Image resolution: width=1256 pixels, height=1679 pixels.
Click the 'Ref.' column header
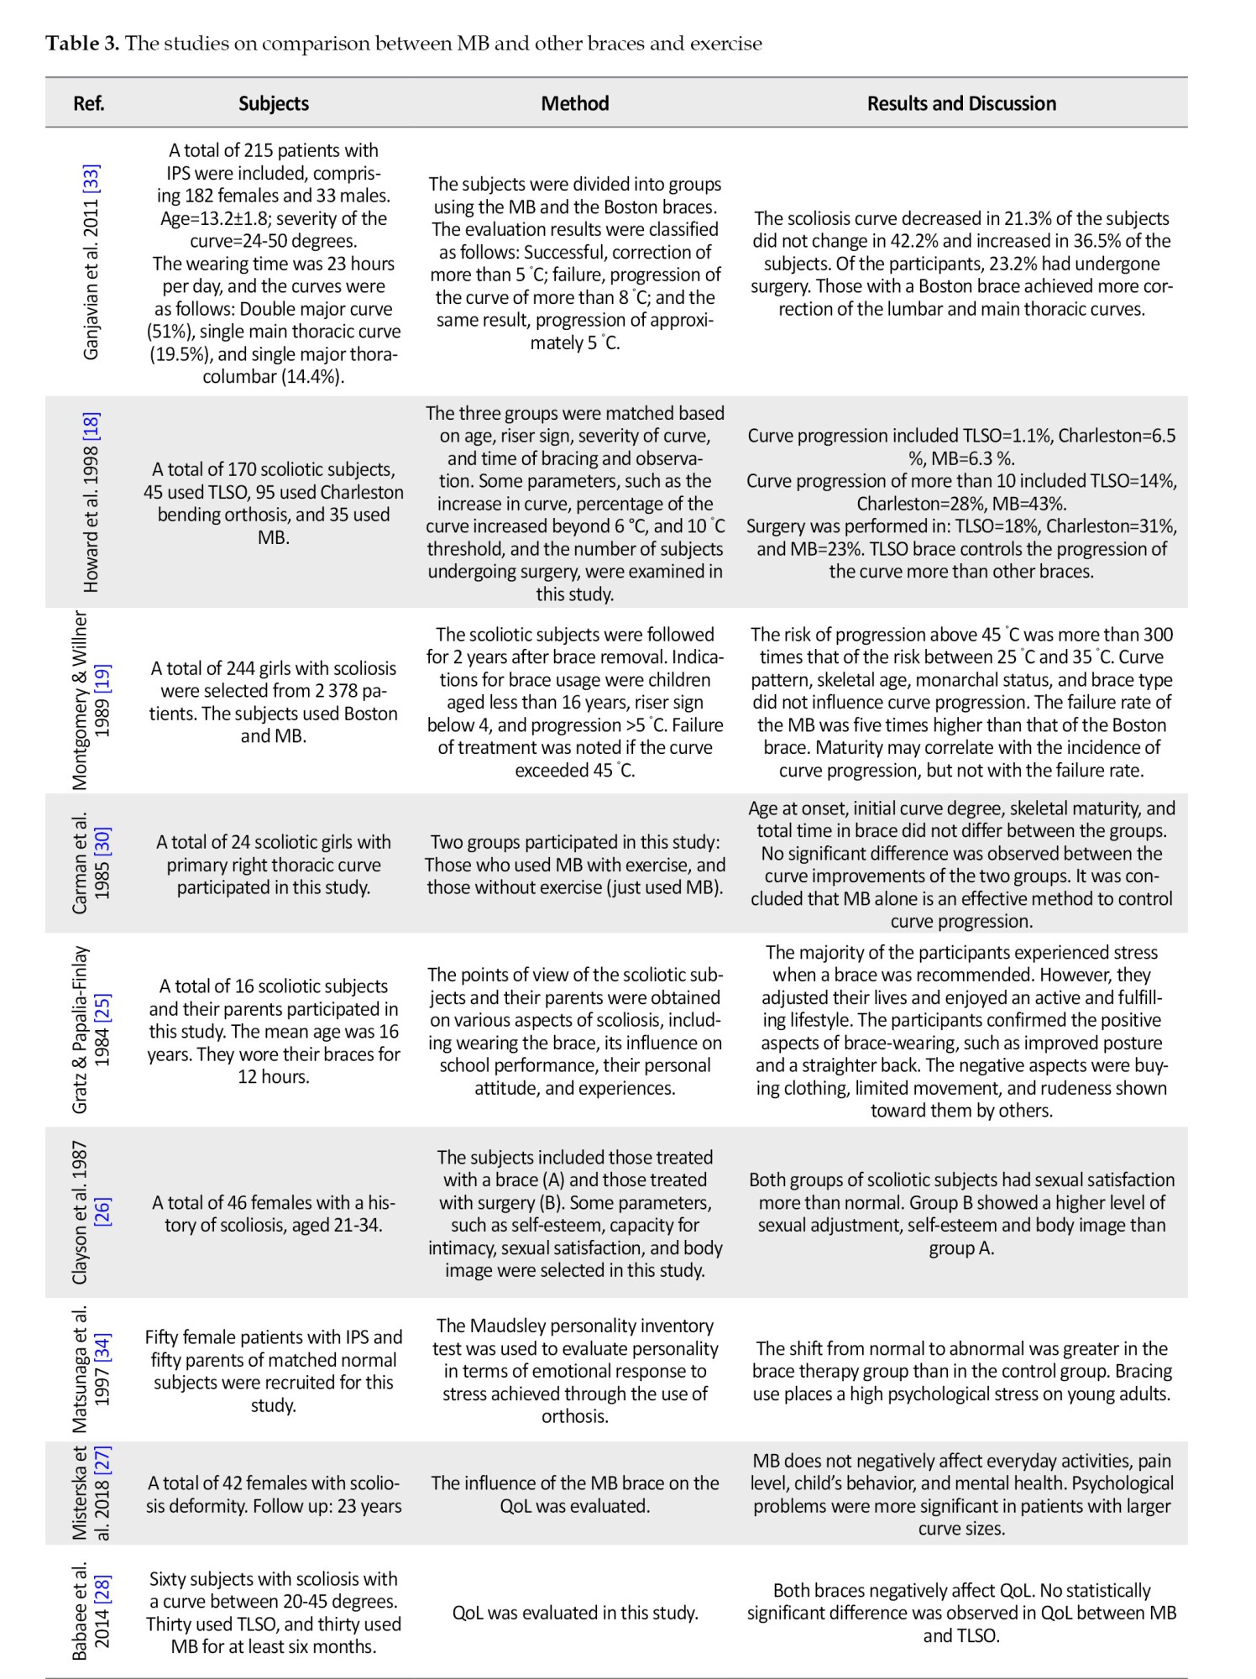tap(89, 103)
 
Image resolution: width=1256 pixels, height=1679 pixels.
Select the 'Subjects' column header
tap(274, 103)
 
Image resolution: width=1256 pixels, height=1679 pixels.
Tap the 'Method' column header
tap(575, 103)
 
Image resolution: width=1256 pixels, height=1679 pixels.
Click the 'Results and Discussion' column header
tap(961, 103)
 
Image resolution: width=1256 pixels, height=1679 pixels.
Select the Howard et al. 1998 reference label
tap(91, 501)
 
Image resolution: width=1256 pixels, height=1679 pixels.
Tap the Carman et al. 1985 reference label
tap(91, 863)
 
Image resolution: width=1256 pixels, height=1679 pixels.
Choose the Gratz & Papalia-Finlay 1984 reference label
tap(91, 1030)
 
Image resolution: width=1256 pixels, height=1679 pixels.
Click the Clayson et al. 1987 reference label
tap(91, 1212)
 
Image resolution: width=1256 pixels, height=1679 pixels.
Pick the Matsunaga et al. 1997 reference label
tap(91, 1370)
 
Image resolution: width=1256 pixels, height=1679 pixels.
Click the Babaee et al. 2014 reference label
tap(91, 1612)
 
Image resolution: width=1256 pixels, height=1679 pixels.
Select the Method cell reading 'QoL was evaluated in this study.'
tap(575, 1613)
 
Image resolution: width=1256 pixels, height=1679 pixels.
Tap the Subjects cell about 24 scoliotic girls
tap(274, 864)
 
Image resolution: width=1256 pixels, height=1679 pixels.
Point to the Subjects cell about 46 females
tap(274, 1214)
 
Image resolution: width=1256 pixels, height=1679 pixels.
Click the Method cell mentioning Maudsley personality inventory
tap(575, 1371)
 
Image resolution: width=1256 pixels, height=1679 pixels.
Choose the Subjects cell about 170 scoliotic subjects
tap(274, 503)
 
